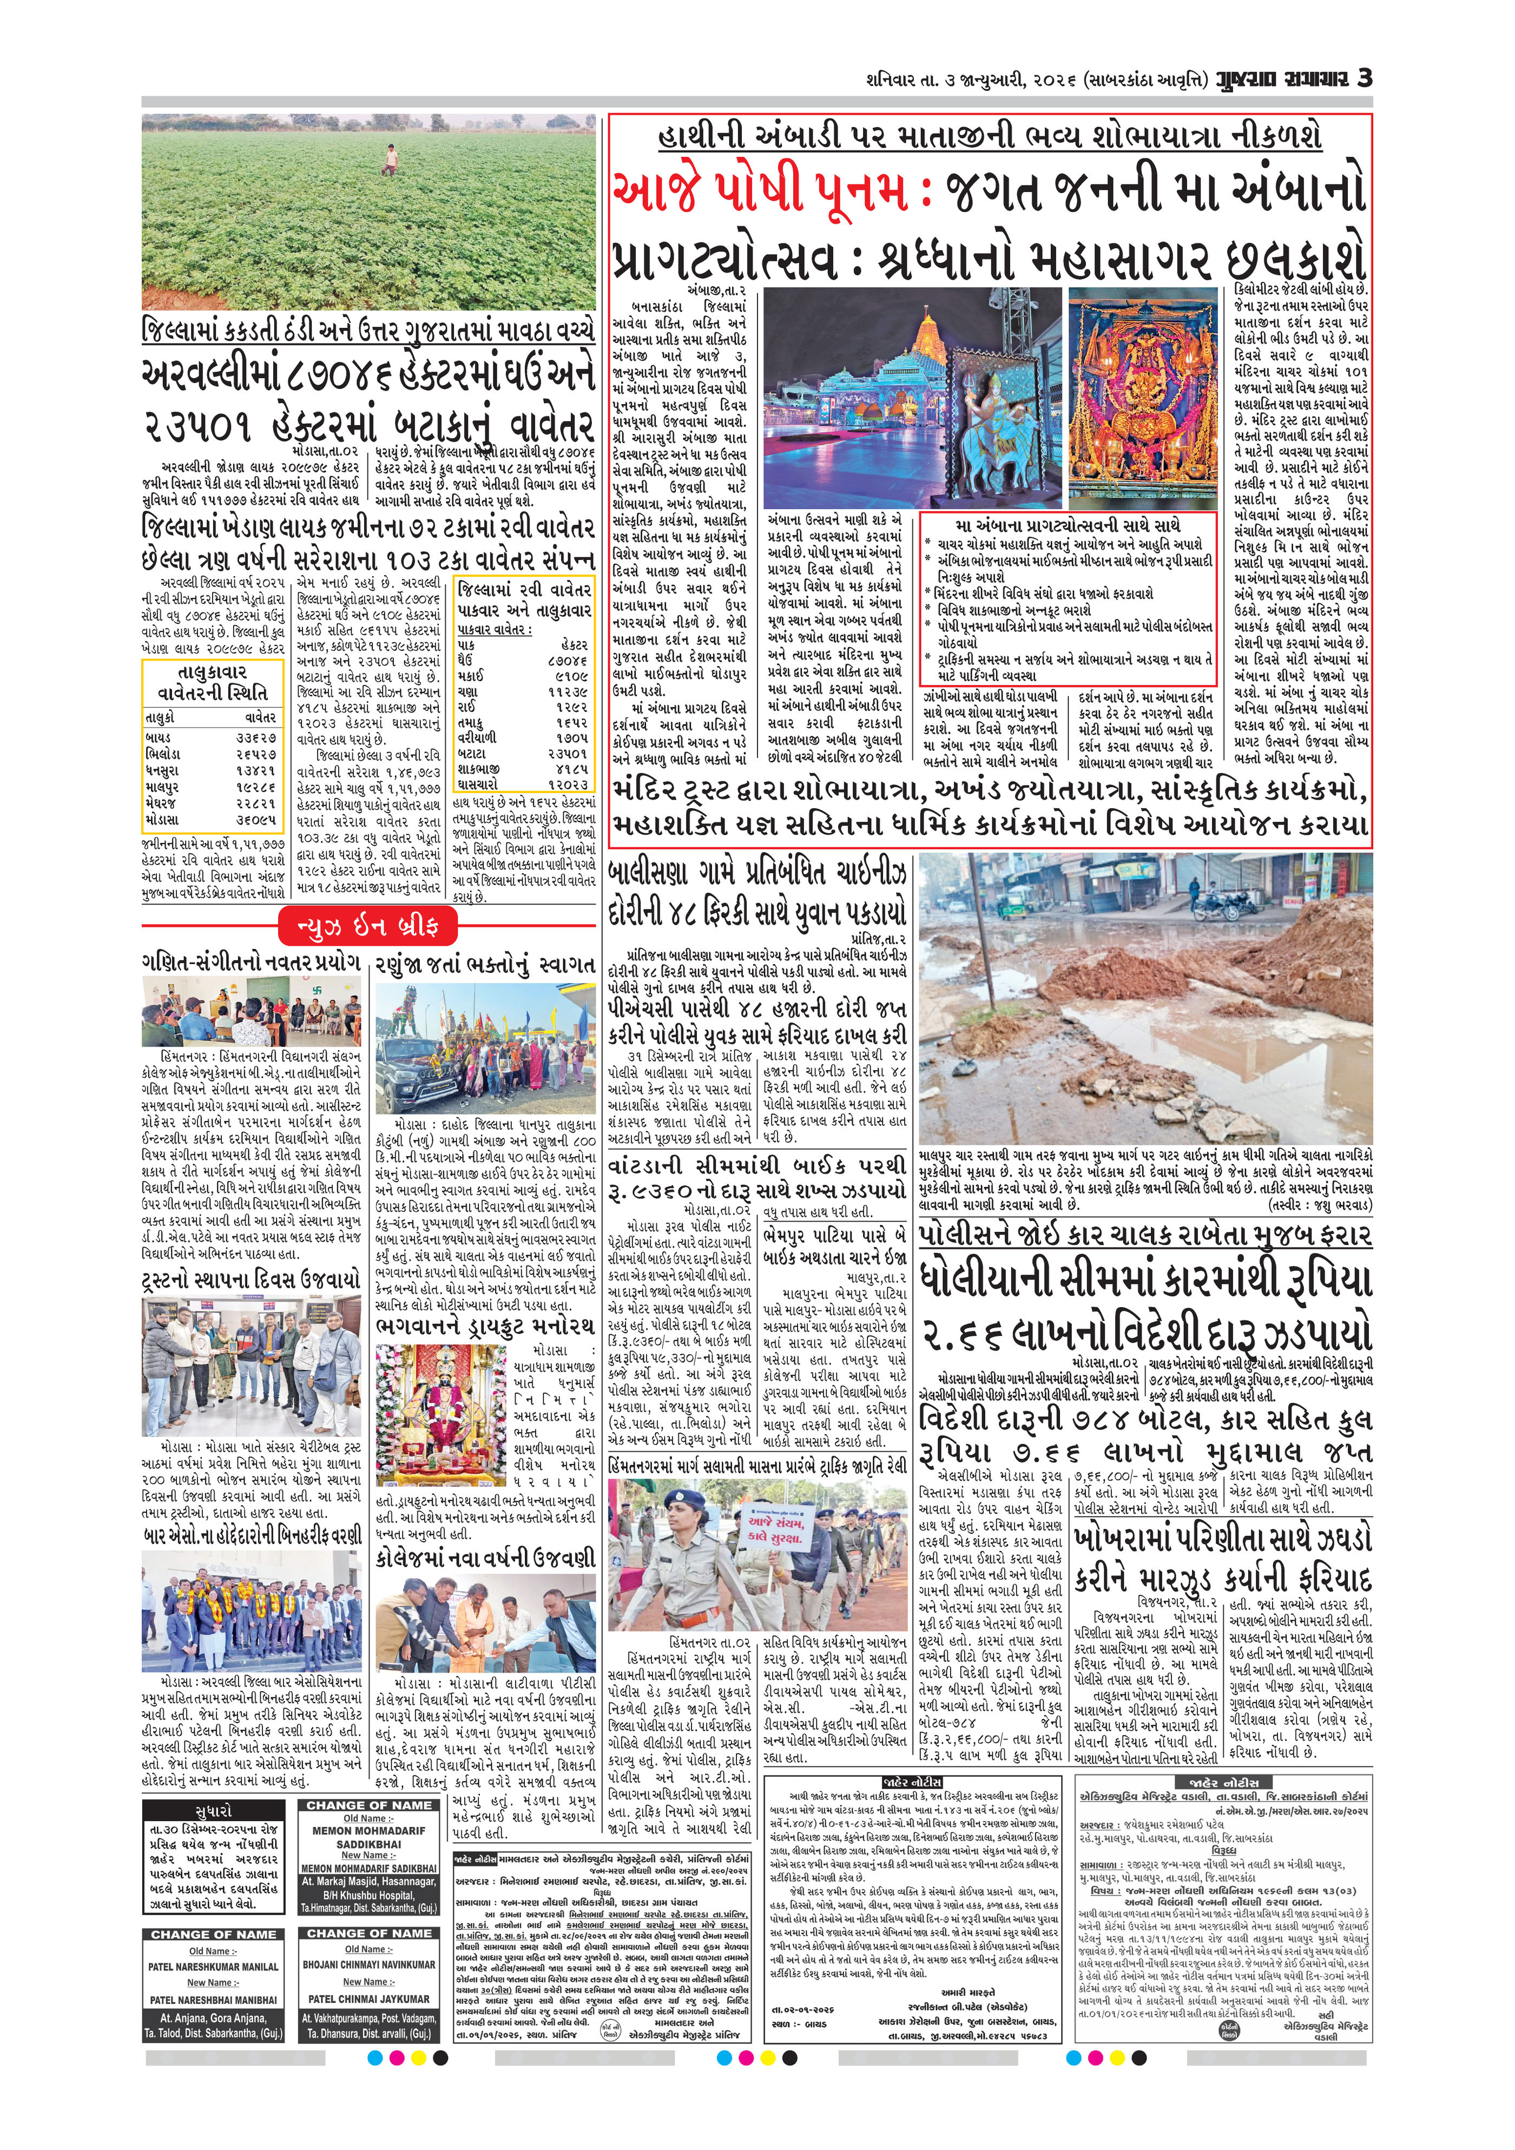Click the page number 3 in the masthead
point(1364,78)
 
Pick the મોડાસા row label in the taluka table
point(164,819)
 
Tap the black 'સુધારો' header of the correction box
point(214,1812)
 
